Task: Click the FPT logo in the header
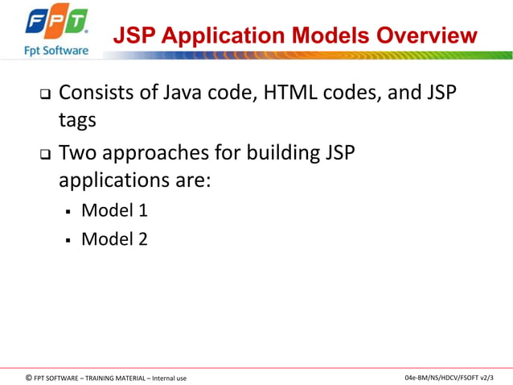coord(56,23)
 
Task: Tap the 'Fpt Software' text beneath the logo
coord(55,50)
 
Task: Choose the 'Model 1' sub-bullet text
coord(114,211)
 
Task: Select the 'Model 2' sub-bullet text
coord(114,238)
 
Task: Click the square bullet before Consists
coord(45,94)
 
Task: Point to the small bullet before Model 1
coord(69,213)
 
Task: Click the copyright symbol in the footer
coord(29,377)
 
